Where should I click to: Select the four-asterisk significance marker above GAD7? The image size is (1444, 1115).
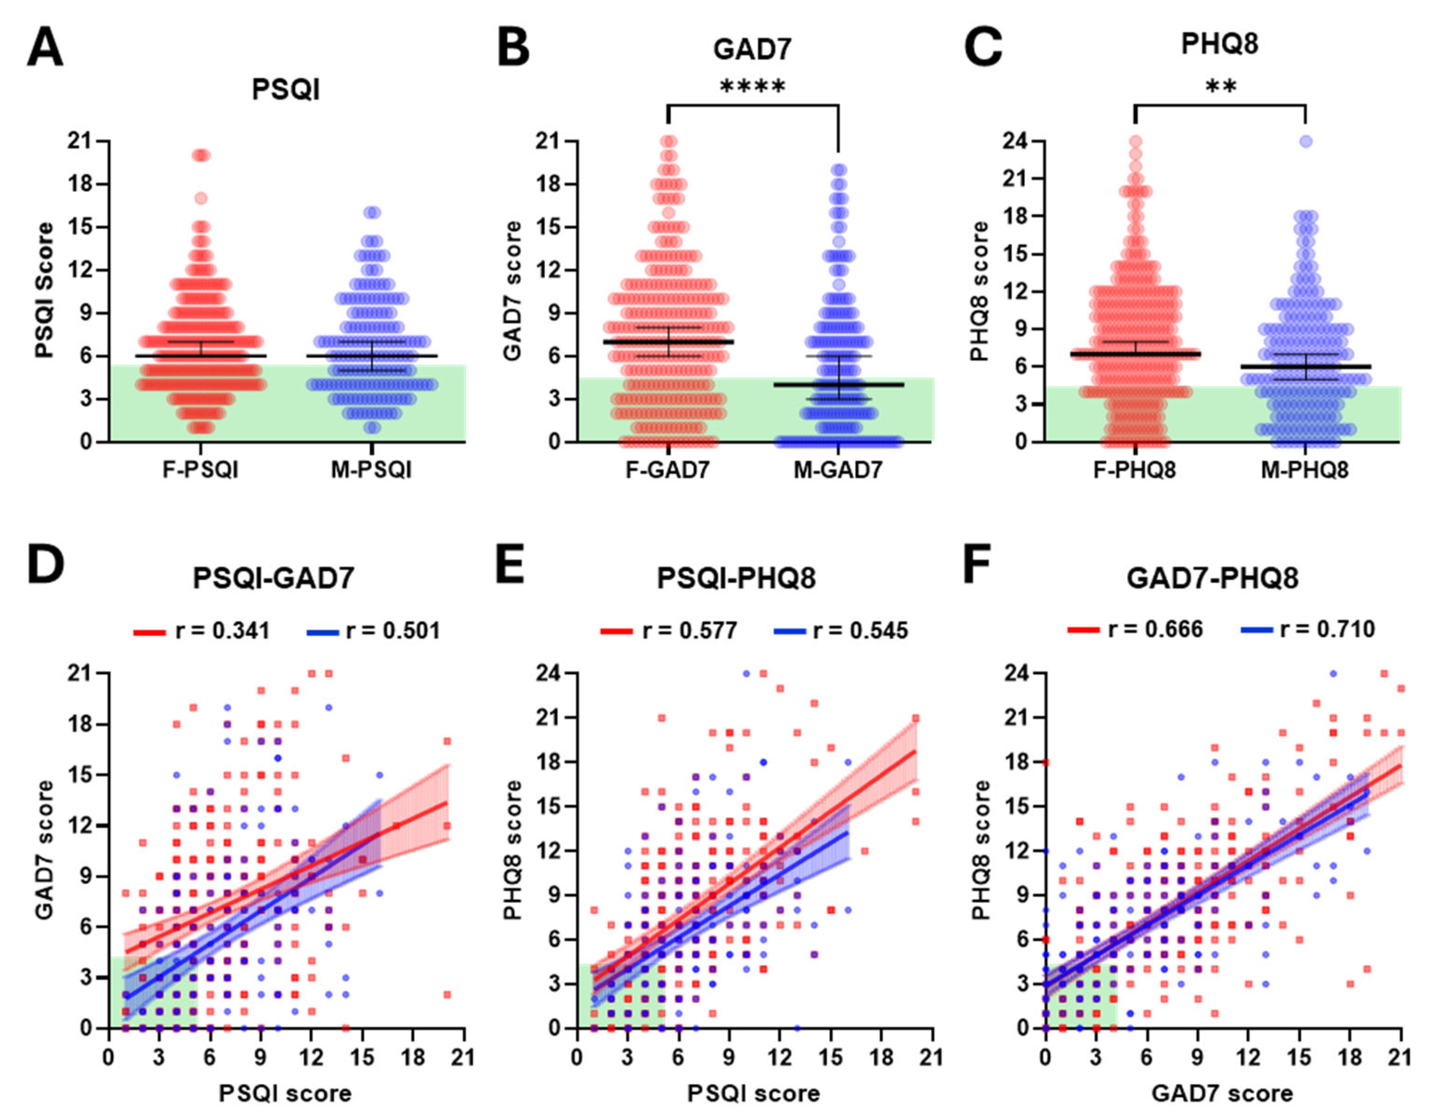tap(753, 86)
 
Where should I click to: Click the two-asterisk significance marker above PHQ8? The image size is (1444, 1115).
tap(1220, 86)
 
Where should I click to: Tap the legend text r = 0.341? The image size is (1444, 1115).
tap(222, 631)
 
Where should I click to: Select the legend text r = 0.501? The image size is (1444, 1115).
tap(393, 631)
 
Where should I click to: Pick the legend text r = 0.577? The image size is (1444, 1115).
tap(689, 631)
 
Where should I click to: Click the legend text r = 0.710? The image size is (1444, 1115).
tap(1327, 629)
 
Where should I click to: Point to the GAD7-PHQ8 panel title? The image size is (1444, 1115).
tap(1212, 578)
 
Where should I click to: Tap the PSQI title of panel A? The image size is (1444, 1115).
tap(286, 89)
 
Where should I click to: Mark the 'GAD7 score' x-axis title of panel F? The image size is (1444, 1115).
tap(1222, 1093)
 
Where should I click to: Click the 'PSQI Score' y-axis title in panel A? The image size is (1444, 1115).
tap(45, 291)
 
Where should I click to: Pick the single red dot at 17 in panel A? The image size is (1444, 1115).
tap(201, 198)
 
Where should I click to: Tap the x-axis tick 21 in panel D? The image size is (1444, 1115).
tap(463, 1057)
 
